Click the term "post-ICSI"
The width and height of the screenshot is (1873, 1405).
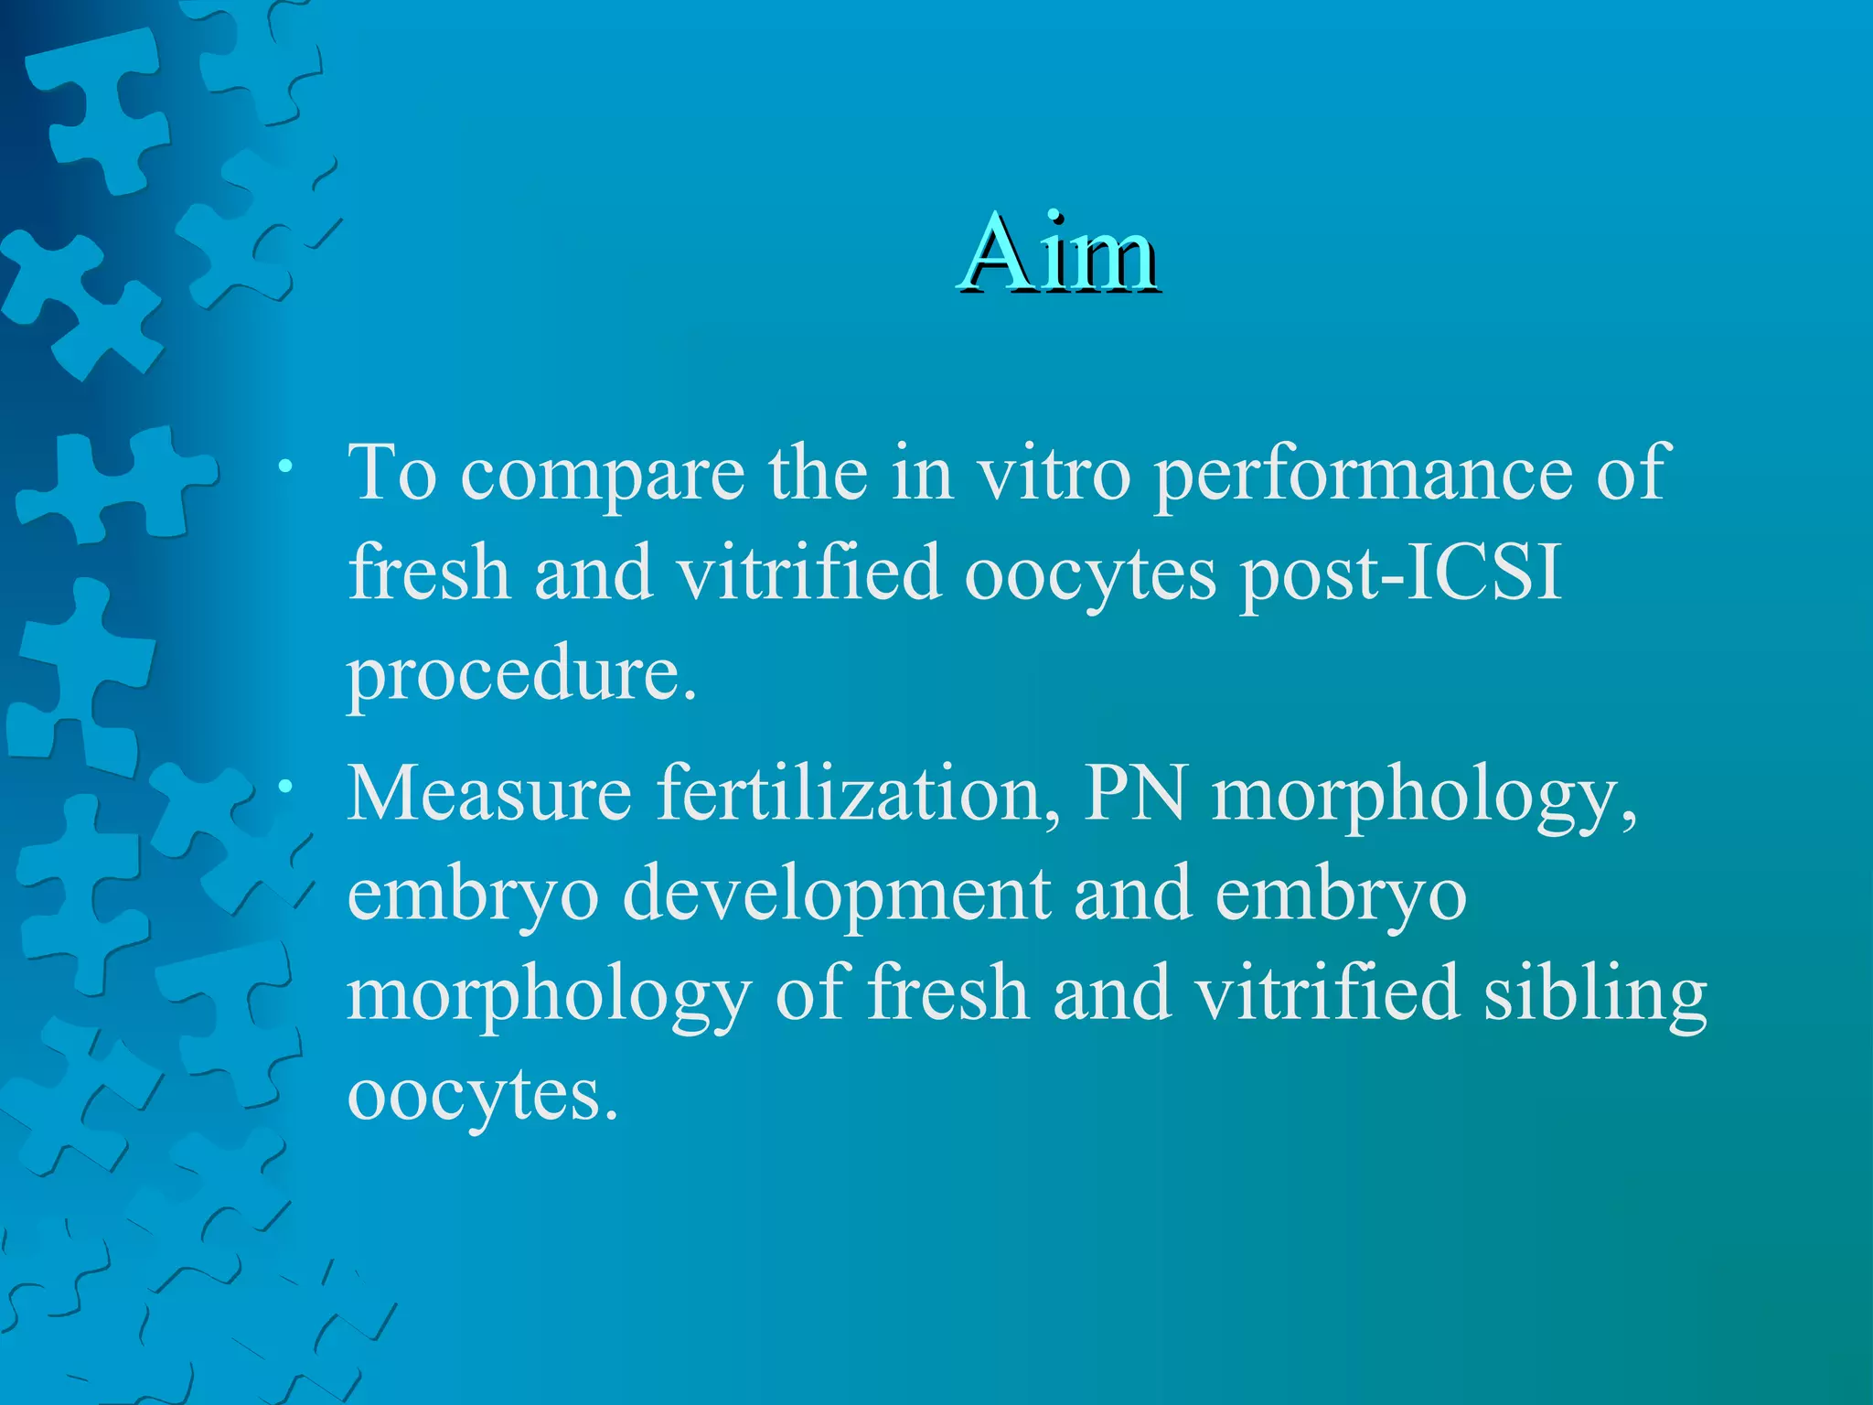pos(1400,574)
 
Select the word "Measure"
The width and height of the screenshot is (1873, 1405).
pos(489,793)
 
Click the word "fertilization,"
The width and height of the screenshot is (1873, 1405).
pos(859,793)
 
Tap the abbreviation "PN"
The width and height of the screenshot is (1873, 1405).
pos(1135,793)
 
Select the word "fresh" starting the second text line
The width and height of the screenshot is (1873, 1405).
pos(429,574)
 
